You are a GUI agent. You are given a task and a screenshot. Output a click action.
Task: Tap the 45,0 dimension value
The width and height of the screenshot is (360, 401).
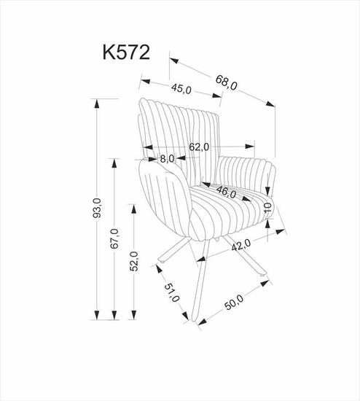181,90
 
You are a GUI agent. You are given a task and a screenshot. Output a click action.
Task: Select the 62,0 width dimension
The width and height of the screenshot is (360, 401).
199,147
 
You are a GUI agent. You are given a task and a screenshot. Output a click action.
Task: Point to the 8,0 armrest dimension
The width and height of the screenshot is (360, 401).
166,158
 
